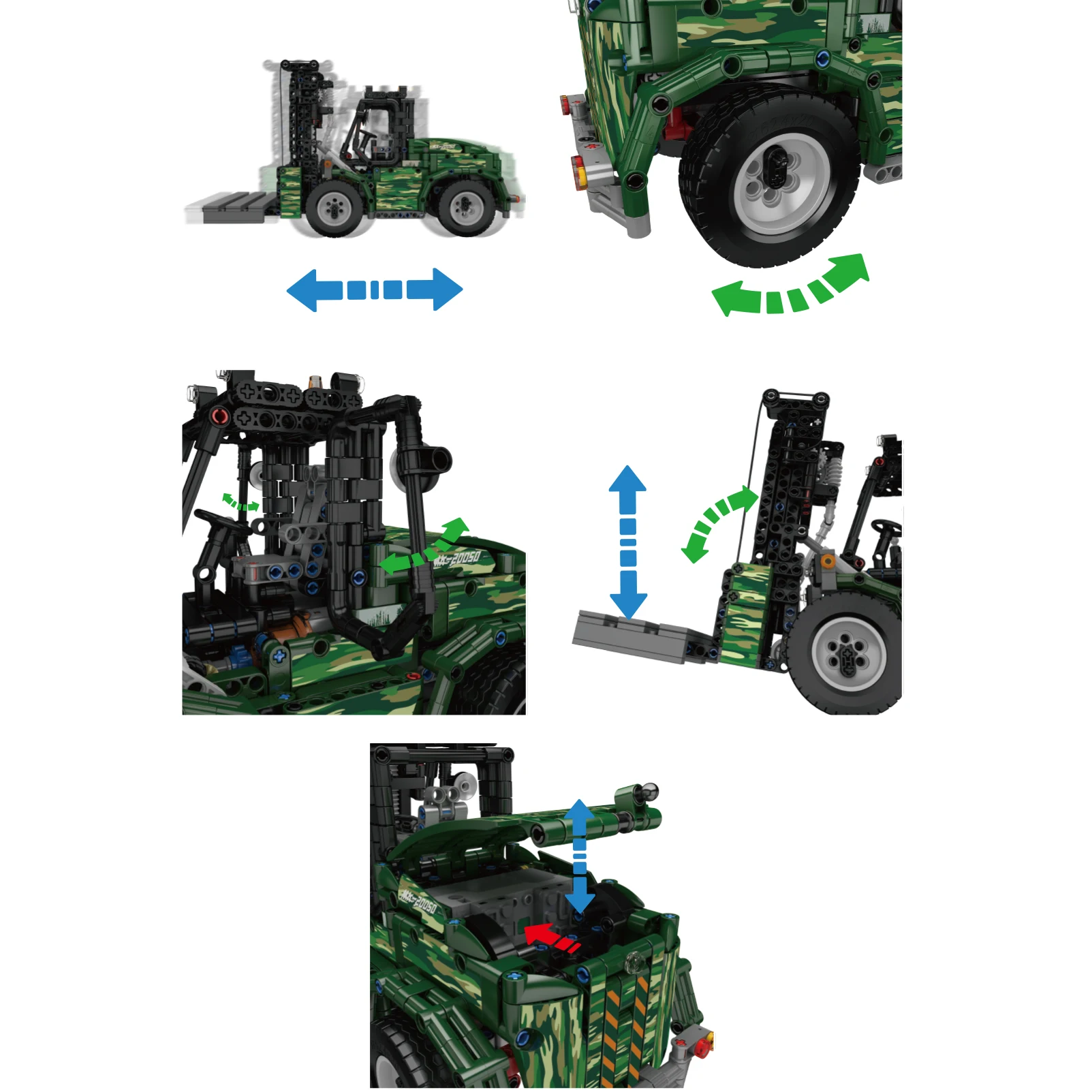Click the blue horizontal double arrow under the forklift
(x=374, y=290)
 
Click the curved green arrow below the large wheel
(x=790, y=290)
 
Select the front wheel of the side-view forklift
(x=334, y=208)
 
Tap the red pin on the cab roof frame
(x=219, y=416)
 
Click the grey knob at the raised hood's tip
(x=649, y=791)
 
